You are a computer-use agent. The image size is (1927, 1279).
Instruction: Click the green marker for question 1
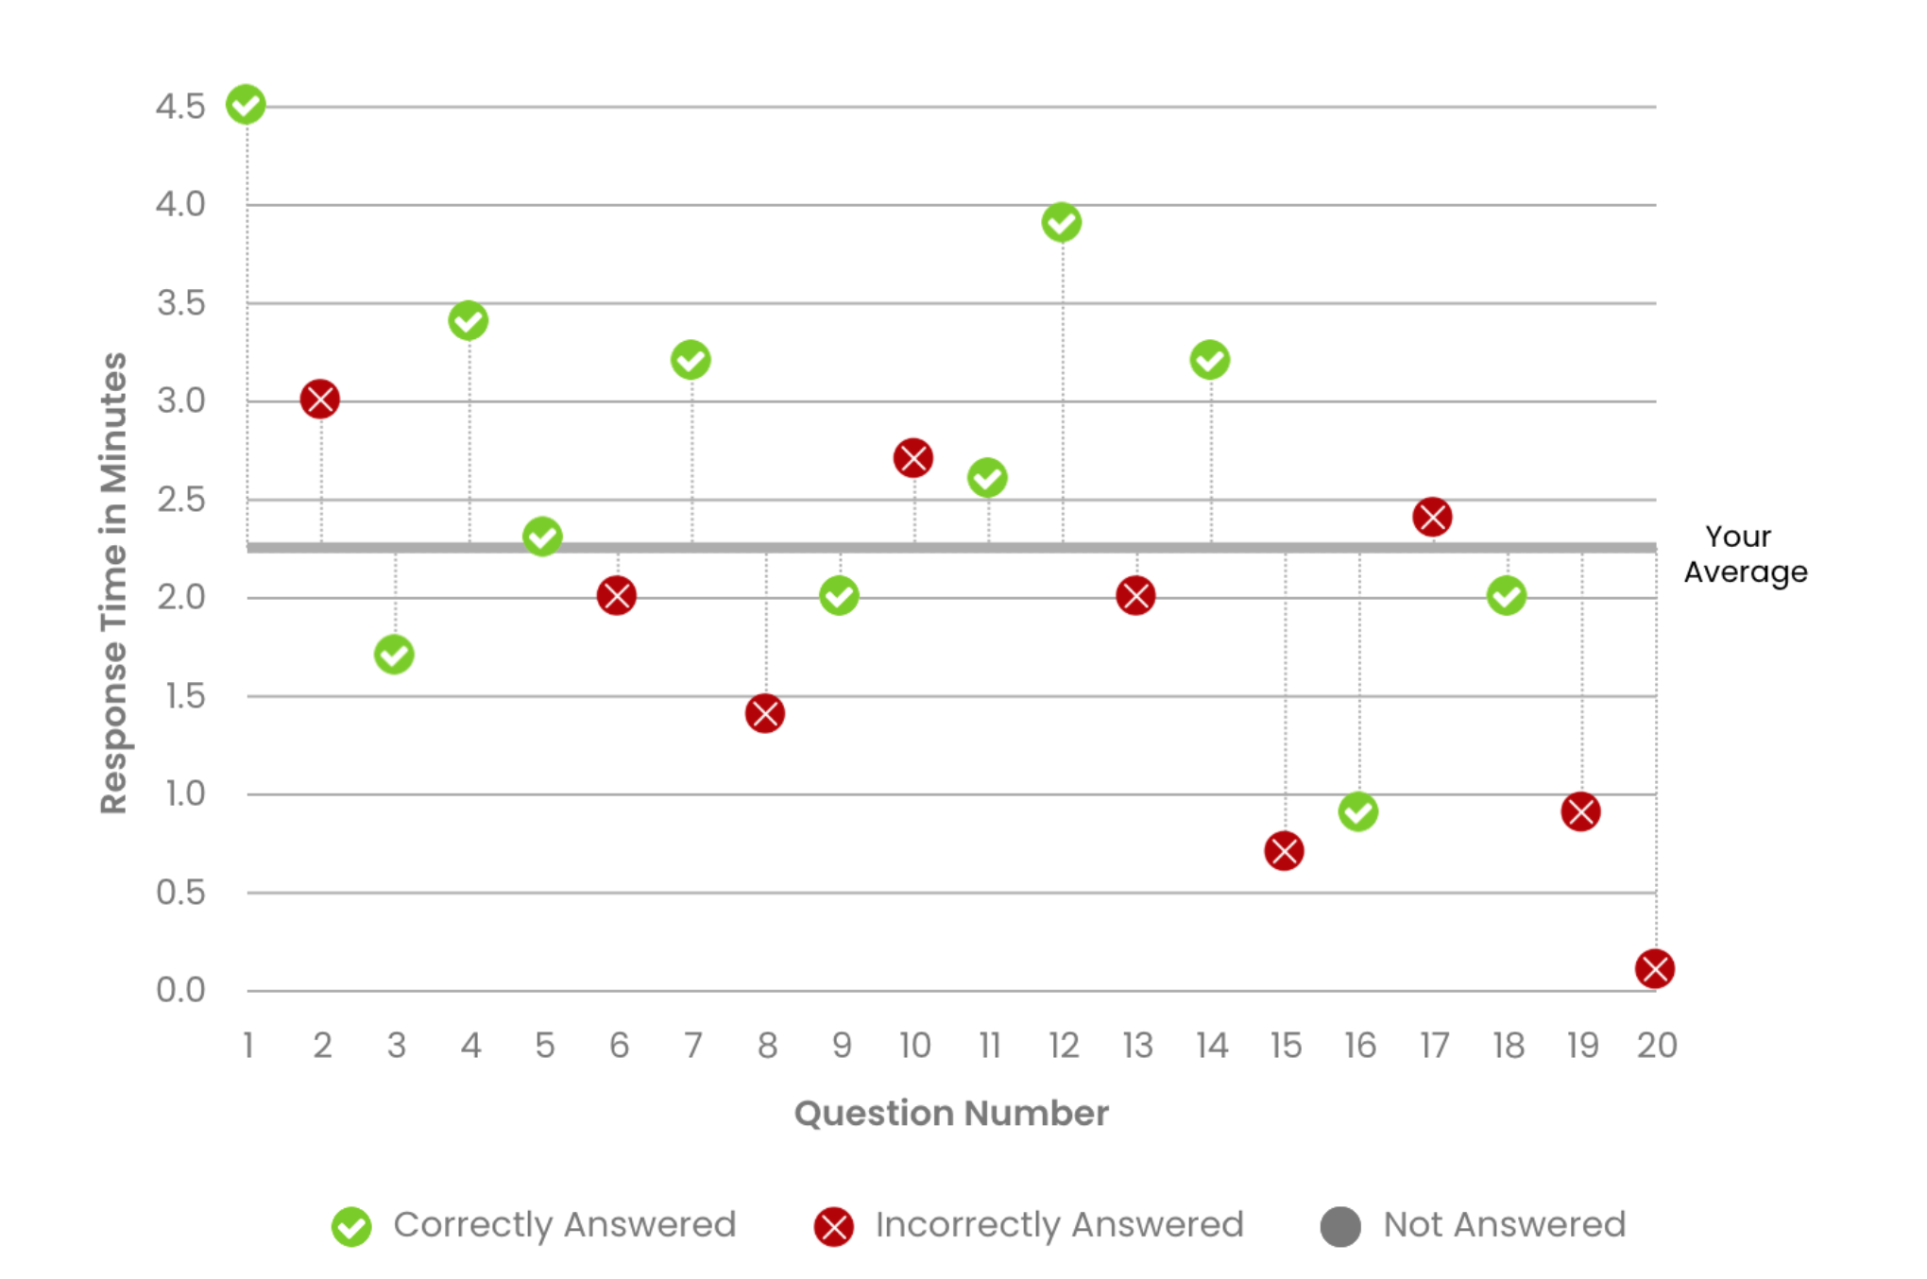(x=246, y=105)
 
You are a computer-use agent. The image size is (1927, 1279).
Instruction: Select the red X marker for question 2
(x=320, y=400)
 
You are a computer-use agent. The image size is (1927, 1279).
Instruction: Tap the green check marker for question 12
(x=1062, y=223)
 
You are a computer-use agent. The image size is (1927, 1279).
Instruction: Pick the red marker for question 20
(x=1655, y=969)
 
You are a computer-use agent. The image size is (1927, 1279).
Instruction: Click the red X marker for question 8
(x=765, y=714)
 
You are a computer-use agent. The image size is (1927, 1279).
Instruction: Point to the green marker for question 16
(x=1358, y=812)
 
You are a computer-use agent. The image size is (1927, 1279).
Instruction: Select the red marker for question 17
(x=1432, y=518)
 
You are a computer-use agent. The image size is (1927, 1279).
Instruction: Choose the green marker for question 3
(x=394, y=655)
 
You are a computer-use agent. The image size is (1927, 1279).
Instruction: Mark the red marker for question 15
(x=1285, y=851)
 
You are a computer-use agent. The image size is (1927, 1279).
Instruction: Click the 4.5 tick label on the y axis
(x=180, y=107)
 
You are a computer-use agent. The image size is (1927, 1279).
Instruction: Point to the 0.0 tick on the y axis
(x=180, y=990)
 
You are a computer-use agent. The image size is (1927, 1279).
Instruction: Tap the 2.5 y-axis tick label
(x=180, y=500)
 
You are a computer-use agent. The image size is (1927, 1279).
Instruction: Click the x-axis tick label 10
(x=915, y=1046)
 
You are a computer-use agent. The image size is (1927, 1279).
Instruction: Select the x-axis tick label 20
(x=1657, y=1046)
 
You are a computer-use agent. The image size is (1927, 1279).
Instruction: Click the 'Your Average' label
(x=1745, y=554)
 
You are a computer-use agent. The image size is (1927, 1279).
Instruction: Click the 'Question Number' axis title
(x=951, y=1114)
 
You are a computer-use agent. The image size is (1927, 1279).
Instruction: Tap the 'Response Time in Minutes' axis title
(x=113, y=583)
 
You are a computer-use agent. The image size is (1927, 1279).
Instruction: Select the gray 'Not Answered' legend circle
(x=1340, y=1227)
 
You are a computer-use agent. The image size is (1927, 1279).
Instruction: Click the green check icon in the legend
(x=352, y=1227)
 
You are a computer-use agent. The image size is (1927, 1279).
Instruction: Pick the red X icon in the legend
(x=834, y=1227)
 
